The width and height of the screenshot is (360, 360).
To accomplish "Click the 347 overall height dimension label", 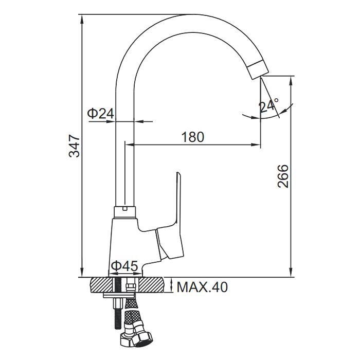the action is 74,146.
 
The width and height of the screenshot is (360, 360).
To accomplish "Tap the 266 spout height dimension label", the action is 283,176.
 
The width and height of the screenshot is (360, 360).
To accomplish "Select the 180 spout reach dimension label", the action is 193,137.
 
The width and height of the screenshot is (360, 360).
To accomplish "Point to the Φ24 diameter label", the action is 101,113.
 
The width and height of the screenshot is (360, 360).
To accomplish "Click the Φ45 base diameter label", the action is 124,266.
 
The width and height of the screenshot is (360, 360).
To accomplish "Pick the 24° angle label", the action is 268,105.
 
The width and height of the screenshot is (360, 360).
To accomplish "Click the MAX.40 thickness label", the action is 202,287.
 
